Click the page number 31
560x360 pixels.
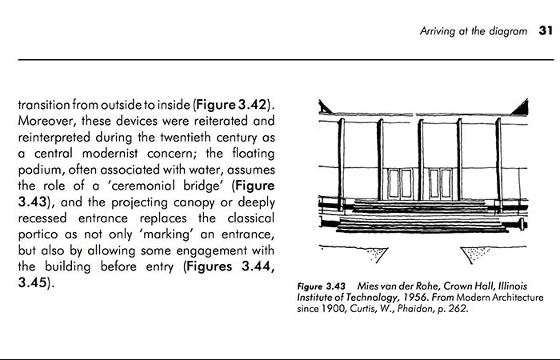click(x=546, y=31)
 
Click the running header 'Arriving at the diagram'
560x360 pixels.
click(x=474, y=32)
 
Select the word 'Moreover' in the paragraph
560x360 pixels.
click(x=46, y=121)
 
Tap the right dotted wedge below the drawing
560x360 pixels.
click(x=477, y=254)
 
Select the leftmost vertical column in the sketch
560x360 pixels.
click(x=341, y=160)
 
